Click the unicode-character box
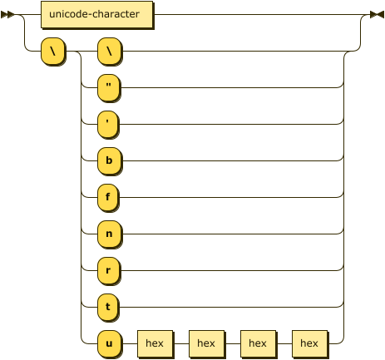[x=97, y=15]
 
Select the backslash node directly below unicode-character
[x=53, y=52]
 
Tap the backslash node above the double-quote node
[x=110, y=52]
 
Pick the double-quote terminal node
[x=109, y=88]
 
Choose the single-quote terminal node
[x=109, y=125]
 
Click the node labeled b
[x=110, y=161]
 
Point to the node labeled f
[x=109, y=198]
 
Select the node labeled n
[x=110, y=234]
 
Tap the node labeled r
[x=109, y=271]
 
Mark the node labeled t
[x=109, y=308]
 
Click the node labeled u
[x=110, y=344]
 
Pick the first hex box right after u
[x=155, y=344]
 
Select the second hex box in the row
[x=207, y=344]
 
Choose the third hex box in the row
[x=259, y=344]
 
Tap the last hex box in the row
[x=310, y=344]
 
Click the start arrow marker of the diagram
[x=7, y=15]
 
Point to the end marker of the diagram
[x=378, y=15]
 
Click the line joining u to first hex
[x=130, y=343]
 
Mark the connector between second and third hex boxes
[x=233, y=343]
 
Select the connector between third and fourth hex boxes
[x=284, y=343]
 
